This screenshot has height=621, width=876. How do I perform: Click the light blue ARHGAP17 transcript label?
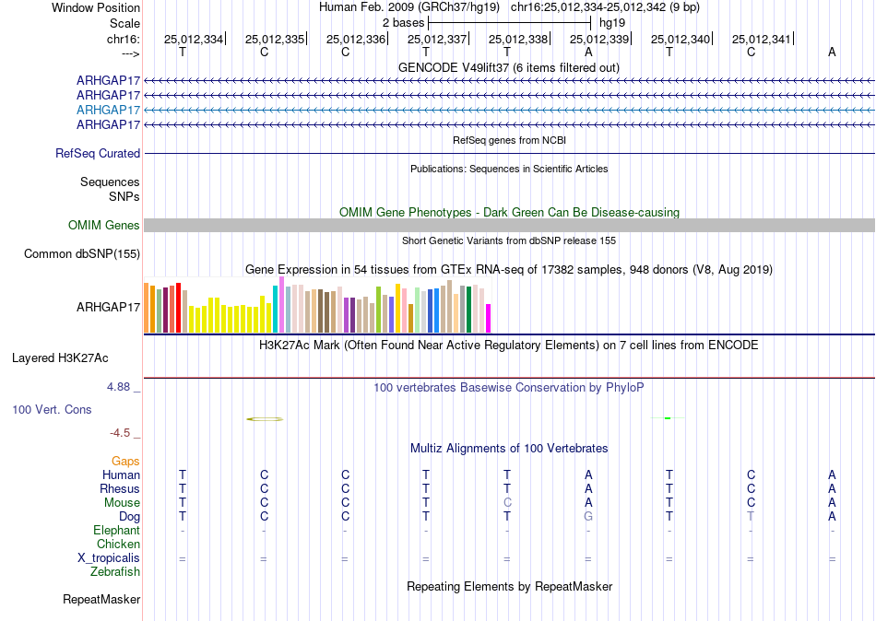(x=108, y=110)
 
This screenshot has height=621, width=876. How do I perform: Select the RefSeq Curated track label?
(x=98, y=153)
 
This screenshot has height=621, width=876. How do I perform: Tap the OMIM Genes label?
(x=104, y=225)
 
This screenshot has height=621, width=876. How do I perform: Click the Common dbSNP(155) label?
(x=82, y=254)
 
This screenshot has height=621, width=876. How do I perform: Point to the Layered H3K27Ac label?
(x=60, y=358)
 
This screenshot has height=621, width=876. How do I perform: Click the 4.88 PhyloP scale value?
(x=118, y=386)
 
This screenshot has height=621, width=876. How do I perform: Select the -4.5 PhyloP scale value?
(x=120, y=433)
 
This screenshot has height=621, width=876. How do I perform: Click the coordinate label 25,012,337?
(x=437, y=39)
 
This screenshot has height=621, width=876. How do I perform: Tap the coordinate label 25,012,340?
(x=681, y=39)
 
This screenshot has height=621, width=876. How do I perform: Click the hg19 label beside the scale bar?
(x=612, y=23)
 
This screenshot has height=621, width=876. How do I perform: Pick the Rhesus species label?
(x=120, y=488)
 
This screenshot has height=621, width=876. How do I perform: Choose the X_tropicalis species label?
(x=109, y=558)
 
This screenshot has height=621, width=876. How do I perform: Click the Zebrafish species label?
(x=115, y=572)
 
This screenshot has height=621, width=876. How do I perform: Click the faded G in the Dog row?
(x=588, y=517)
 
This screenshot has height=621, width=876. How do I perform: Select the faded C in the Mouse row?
(x=507, y=503)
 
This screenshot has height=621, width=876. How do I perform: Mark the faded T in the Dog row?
(x=751, y=517)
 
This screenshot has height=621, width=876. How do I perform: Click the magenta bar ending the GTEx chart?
(x=489, y=318)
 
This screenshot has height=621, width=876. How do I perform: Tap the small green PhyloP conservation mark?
(x=668, y=418)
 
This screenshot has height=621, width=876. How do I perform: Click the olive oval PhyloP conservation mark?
(x=265, y=419)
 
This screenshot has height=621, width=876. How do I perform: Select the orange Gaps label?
(x=125, y=462)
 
